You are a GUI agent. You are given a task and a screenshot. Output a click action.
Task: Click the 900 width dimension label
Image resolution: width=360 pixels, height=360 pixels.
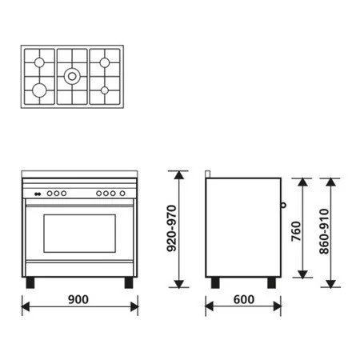[78, 299]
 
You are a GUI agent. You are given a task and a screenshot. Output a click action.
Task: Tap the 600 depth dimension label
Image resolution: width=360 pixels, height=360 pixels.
[243, 299]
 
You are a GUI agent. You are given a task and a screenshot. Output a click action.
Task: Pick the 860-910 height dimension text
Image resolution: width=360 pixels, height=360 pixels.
[322, 229]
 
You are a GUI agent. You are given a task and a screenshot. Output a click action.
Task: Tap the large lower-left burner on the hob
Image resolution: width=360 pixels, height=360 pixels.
[38, 89]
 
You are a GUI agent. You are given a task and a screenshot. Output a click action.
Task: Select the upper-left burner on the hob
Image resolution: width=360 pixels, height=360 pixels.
[38, 62]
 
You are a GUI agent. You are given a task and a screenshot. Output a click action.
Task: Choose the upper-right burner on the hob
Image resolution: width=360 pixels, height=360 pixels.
[104, 62]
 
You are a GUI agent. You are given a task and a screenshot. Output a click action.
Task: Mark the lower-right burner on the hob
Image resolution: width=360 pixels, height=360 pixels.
[104, 89]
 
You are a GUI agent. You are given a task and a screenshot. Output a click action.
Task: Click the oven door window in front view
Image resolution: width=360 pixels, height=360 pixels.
[78, 233]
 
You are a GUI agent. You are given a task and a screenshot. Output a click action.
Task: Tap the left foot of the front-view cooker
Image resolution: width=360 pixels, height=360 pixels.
[30, 282]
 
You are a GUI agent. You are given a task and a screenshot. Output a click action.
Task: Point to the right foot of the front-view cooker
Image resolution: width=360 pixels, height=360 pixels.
[127, 282]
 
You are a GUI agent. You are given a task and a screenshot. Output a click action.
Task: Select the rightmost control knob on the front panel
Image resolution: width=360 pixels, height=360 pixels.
[122, 193]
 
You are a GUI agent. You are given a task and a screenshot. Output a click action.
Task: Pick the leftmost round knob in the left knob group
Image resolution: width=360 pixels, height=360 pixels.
[48, 193]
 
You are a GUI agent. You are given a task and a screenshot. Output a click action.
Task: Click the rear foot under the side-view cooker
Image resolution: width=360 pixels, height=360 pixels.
[214, 282]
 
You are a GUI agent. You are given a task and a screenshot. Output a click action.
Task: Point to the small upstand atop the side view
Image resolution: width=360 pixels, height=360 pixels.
[207, 174]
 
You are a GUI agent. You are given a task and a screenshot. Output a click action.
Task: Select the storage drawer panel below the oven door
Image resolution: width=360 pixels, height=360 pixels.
[78, 269]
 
